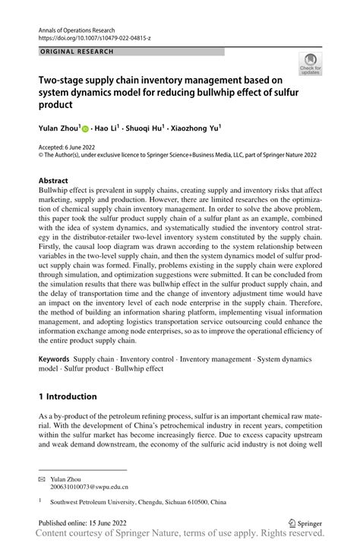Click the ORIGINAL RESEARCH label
(x=76, y=51)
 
